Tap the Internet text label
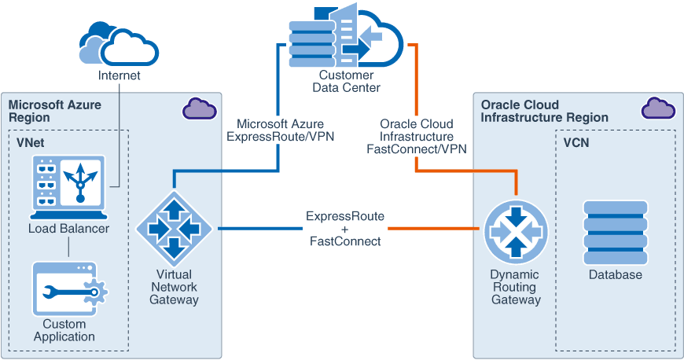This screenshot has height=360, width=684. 120,76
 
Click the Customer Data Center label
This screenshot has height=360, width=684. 346,81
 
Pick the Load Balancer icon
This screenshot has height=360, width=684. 68,187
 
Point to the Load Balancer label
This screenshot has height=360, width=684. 68,229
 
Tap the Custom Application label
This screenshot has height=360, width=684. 69,330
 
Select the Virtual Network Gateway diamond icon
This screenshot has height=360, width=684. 174,229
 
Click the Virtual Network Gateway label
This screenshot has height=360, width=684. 174,287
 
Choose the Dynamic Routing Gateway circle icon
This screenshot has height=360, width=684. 515,230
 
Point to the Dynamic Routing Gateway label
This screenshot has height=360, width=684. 515,287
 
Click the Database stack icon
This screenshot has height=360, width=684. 615,232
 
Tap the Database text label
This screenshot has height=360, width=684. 615,275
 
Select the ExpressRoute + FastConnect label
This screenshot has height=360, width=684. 345,229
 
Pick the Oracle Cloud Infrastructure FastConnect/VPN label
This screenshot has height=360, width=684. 416,136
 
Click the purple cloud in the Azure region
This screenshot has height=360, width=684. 199,108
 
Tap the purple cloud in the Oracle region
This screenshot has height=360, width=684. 657,108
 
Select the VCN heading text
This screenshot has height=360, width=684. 576,143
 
